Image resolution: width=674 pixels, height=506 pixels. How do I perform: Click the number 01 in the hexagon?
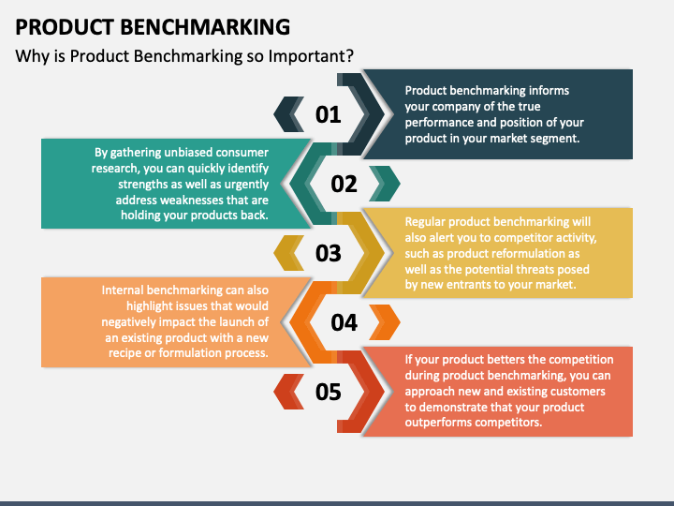[329, 115]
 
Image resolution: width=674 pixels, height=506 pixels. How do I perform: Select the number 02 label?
[344, 184]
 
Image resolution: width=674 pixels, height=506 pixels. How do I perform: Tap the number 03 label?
[329, 253]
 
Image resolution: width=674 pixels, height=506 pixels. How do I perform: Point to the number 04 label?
[344, 322]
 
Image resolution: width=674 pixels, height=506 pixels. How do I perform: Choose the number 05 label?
[329, 392]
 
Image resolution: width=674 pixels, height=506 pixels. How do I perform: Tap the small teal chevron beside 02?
[385, 184]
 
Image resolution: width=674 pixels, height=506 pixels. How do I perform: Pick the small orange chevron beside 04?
[385, 322]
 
